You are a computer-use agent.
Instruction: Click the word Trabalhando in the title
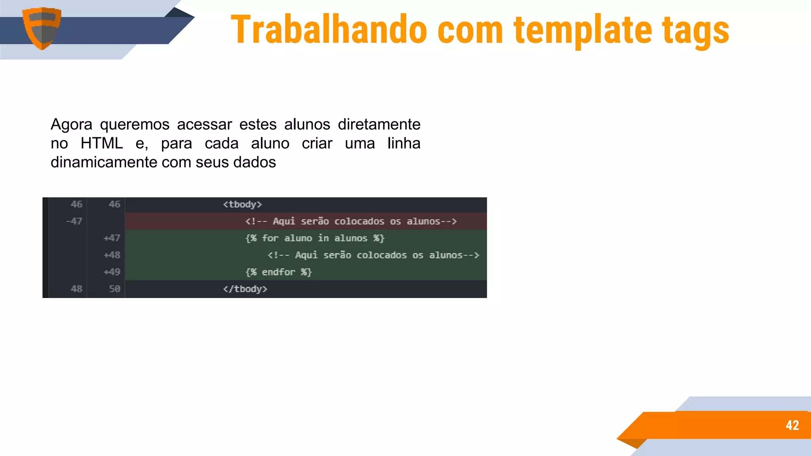[x=329, y=30]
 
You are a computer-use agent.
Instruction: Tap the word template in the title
[x=583, y=30]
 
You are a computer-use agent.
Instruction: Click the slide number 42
[x=792, y=425]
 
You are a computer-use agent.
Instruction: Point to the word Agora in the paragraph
[x=71, y=125]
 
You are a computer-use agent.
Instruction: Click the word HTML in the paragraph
[x=102, y=143]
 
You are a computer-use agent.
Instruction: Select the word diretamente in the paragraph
[x=379, y=124]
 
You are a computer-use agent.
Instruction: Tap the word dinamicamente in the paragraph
[x=104, y=162]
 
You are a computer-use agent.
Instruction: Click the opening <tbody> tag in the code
[x=242, y=204]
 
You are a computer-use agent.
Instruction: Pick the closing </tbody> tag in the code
[x=245, y=289]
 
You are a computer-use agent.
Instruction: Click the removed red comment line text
[x=351, y=221]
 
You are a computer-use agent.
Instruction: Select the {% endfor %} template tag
[x=279, y=272]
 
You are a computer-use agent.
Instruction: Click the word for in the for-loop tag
[x=270, y=238]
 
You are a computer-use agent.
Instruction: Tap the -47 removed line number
[x=74, y=221]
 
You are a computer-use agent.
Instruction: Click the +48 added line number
[x=112, y=255]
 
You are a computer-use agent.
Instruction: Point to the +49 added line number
[x=112, y=272]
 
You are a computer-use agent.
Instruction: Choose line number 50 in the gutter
[x=114, y=289]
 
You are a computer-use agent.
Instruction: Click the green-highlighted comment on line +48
[x=373, y=255]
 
